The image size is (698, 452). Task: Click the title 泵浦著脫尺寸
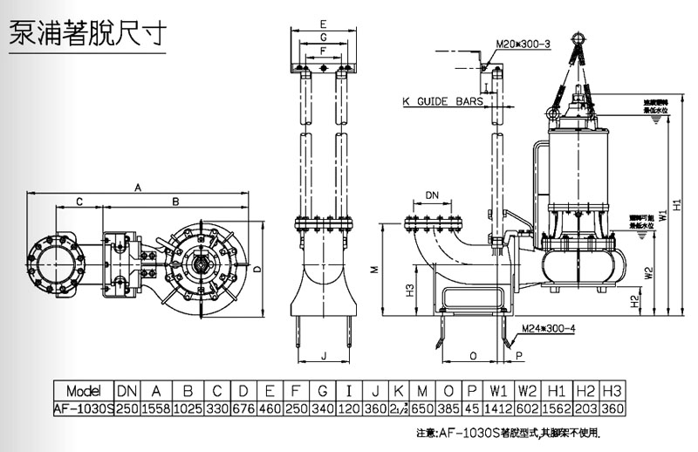85,33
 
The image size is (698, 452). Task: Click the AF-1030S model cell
83,407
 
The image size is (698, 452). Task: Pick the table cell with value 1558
155,407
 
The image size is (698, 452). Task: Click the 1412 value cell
498,407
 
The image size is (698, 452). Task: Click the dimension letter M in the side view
373,271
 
